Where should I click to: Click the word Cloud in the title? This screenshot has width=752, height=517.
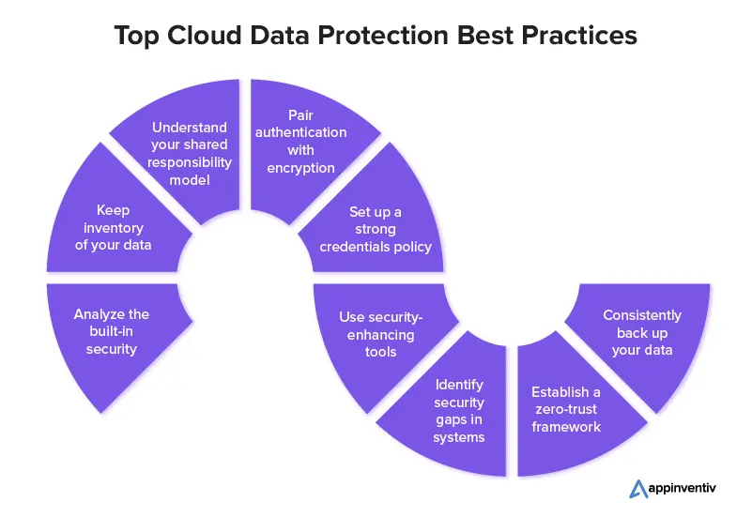click(204, 35)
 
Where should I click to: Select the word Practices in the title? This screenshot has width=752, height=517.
click(579, 35)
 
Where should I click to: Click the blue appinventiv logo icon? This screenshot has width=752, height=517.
click(638, 489)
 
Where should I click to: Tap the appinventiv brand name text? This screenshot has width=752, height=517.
click(682, 488)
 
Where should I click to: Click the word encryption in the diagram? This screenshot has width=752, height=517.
click(300, 168)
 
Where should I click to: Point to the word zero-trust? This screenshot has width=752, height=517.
click(566, 409)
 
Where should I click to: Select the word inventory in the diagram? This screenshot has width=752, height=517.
click(114, 228)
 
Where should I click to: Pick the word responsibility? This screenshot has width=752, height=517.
click(190, 163)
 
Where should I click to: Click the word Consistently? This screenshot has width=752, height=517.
click(642, 315)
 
